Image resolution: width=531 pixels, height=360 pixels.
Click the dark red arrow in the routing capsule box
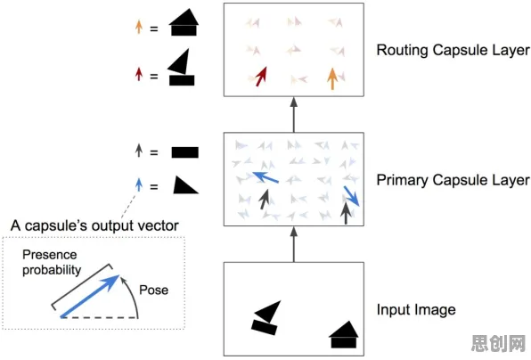(261, 77)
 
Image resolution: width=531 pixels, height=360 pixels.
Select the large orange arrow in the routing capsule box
(332, 78)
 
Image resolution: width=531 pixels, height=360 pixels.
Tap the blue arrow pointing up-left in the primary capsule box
(265, 177)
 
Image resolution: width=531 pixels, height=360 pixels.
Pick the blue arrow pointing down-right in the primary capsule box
(352, 196)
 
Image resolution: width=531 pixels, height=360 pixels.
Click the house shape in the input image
(344, 334)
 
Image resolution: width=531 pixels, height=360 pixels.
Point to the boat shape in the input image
(266, 317)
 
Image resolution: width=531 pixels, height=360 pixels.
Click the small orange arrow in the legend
(139, 27)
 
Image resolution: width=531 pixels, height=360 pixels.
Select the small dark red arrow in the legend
(139, 74)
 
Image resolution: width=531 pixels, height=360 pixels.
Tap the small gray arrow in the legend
(139, 151)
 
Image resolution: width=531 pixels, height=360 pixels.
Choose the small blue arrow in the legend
(139, 185)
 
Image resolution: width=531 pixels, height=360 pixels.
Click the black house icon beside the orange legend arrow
(184, 22)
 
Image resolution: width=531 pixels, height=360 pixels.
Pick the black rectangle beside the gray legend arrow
(185, 152)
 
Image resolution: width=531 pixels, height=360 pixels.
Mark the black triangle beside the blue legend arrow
(185, 184)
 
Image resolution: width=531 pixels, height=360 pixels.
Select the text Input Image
(416, 310)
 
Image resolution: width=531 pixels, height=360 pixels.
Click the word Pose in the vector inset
(154, 290)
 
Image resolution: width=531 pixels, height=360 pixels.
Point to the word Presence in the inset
(50, 254)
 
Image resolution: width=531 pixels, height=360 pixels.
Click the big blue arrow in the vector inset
(90, 297)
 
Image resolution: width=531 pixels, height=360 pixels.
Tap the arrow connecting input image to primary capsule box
(294, 244)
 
